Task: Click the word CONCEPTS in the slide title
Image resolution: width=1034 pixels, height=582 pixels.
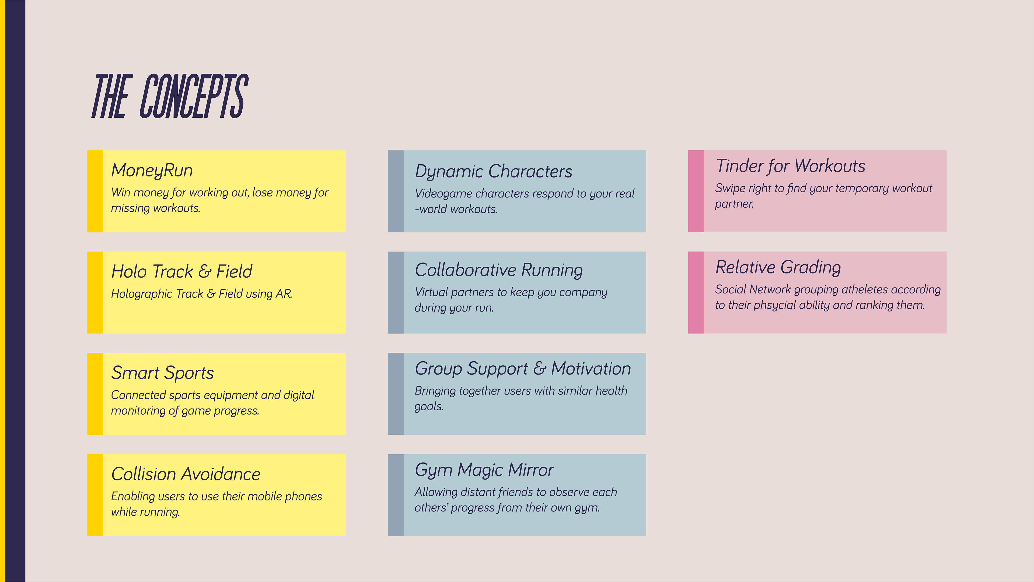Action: point(194,96)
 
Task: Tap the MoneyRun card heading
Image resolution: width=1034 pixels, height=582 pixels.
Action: point(152,170)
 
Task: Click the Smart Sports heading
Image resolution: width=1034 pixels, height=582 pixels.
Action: point(162,373)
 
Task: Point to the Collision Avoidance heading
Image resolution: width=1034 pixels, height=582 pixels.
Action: point(186,474)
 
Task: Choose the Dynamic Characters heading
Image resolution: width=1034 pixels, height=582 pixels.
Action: point(493,172)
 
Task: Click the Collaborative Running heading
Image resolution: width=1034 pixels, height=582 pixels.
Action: point(498,270)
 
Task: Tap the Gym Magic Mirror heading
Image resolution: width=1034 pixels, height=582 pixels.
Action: point(484,470)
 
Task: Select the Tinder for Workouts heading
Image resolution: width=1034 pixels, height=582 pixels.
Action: point(790,166)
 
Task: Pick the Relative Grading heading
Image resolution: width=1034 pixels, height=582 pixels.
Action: point(778,267)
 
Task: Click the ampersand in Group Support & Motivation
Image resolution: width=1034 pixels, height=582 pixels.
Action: point(540,368)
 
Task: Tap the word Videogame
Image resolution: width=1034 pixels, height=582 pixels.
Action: point(443,194)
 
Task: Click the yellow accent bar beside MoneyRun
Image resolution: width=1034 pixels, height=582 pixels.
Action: point(95,191)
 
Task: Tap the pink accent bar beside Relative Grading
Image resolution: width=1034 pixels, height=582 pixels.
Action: point(696,292)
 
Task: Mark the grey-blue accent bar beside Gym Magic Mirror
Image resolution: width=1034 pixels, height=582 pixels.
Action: point(395,495)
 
